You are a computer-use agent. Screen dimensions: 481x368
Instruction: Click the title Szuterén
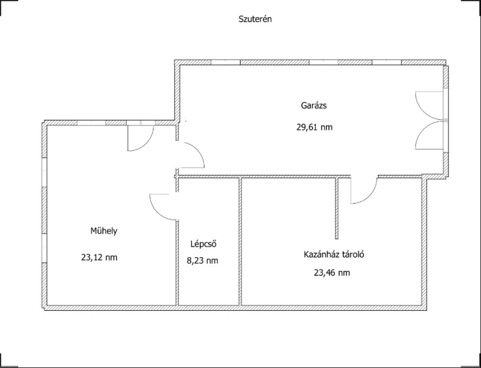(255, 19)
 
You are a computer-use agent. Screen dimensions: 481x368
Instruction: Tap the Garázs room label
(314, 105)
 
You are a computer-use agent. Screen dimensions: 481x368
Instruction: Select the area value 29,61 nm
(314, 127)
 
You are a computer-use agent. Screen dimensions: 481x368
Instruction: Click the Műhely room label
(103, 231)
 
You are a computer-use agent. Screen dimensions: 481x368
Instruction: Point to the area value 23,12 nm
(99, 257)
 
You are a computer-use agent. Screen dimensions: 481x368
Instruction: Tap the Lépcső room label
(204, 244)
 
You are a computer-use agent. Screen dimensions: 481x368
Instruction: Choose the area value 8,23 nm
(203, 261)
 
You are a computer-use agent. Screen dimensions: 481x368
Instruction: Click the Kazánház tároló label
(334, 254)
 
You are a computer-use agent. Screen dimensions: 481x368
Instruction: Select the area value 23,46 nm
(332, 272)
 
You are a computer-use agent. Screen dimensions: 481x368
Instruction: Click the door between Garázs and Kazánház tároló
(364, 190)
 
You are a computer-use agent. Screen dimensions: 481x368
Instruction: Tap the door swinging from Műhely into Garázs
(190, 155)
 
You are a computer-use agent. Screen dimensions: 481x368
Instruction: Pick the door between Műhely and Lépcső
(163, 207)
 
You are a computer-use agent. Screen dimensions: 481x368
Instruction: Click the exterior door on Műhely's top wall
(141, 139)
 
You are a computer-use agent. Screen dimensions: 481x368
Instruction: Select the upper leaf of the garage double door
(429, 105)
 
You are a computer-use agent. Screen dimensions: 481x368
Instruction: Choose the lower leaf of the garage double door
(429, 134)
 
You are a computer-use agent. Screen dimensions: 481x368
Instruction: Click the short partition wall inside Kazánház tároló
(337, 208)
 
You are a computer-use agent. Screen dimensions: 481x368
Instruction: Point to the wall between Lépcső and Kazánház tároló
(240, 242)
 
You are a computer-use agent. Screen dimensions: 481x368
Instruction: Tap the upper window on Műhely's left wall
(44, 172)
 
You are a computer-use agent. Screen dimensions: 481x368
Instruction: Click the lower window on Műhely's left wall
(44, 248)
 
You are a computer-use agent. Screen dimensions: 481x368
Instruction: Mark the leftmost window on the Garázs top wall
(225, 63)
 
